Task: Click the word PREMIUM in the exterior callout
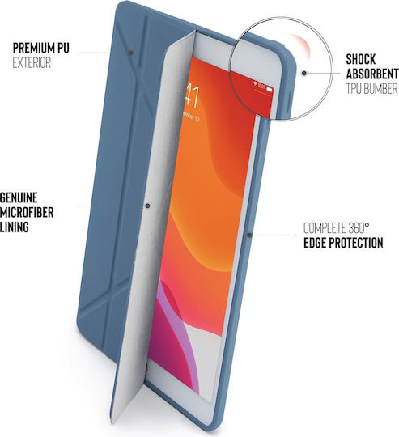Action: [x=33, y=48]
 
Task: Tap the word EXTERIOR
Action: [x=32, y=62]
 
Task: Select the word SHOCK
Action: [x=360, y=59]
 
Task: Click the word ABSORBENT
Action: [x=372, y=74]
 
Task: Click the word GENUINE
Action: [x=19, y=197]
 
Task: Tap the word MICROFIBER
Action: [x=27, y=212]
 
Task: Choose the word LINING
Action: [x=15, y=227]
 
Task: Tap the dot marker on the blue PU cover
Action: [x=130, y=53]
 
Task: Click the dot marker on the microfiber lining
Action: [x=147, y=206]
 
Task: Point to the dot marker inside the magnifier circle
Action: [x=304, y=74]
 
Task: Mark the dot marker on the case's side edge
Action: [x=249, y=235]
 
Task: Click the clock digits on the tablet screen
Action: [x=193, y=97]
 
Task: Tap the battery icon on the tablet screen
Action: [x=270, y=89]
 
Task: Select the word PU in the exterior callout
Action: [x=63, y=48]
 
